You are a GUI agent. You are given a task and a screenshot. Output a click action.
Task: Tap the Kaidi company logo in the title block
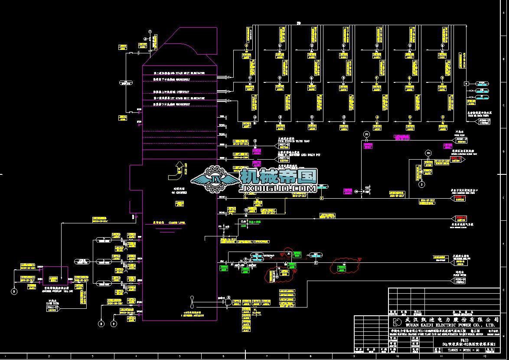click(x=397, y=321)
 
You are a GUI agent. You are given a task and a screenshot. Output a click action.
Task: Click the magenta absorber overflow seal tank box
click(x=55, y=275)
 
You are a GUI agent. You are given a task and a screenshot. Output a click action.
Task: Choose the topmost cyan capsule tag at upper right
click(x=481, y=83)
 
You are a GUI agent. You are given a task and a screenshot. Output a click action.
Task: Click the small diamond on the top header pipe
click(x=299, y=23)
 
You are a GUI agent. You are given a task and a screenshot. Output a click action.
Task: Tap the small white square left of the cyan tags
click(x=467, y=83)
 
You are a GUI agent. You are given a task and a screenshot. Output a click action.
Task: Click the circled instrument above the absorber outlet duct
click(x=150, y=31)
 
